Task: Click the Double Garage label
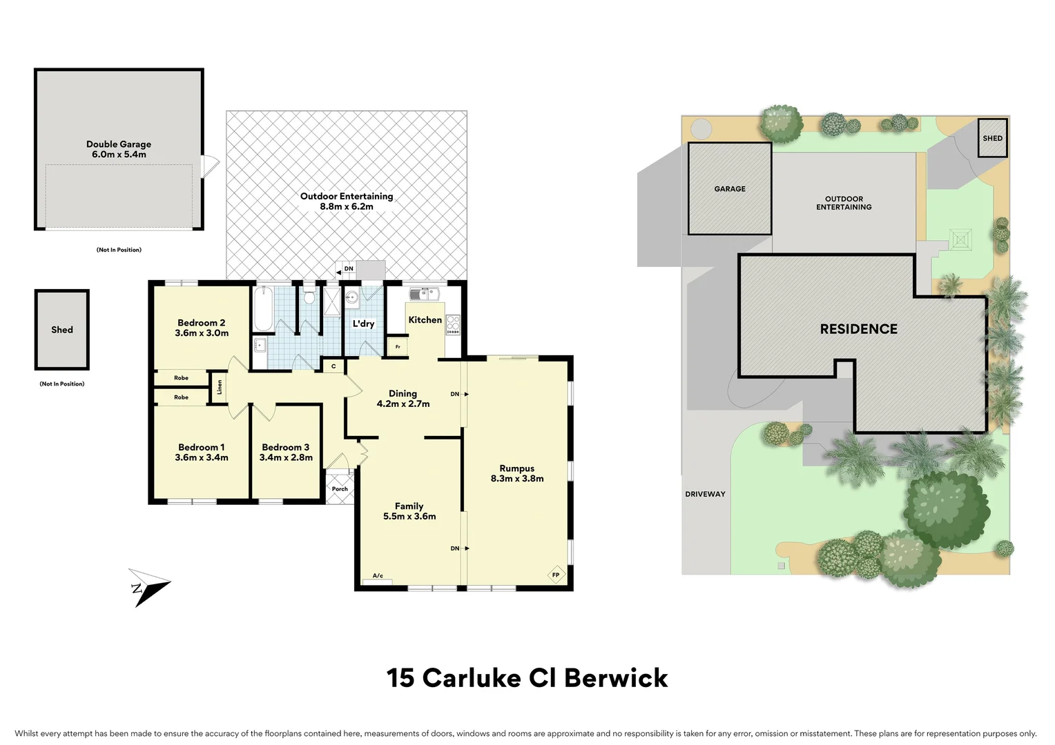tap(119, 144)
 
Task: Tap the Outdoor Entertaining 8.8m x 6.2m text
tap(347, 201)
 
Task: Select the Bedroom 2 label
tap(202, 323)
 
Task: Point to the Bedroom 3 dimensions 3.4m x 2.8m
tap(286, 457)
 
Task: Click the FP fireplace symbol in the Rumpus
tap(555, 575)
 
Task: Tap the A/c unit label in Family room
tap(378, 576)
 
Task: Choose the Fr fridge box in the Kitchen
tap(398, 347)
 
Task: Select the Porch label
tap(340, 489)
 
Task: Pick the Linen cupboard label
tap(220, 386)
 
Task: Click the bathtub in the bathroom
tap(263, 310)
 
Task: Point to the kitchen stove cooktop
tap(453, 324)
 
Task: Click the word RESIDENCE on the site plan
tap(858, 329)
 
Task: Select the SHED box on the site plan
tap(992, 138)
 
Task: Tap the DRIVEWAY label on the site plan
tap(705, 494)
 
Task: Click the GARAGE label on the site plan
tap(730, 188)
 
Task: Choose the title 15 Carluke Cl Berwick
tap(527, 678)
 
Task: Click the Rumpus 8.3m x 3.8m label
tap(517, 473)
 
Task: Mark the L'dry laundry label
tap(363, 324)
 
